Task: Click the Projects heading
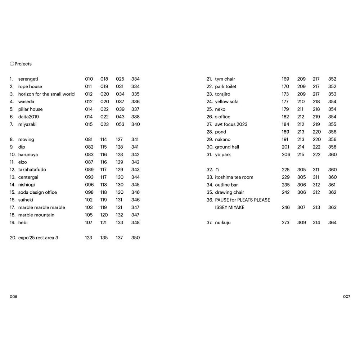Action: pyautogui.click(x=23, y=64)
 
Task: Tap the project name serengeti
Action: pyautogui.click(x=28, y=79)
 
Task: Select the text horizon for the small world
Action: pyautogui.click(x=46, y=94)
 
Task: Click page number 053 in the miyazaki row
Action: pyautogui.click(x=120, y=125)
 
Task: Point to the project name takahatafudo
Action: pyautogui.click(x=32, y=170)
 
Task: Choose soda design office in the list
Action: pyautogui.click(x=37, y=193)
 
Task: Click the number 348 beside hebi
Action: pyautogui.click(x=135, y=223)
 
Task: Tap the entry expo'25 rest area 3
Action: pyautogui.click(x=38, y=238)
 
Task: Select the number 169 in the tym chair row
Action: pyautogui.click(x=285, y=79)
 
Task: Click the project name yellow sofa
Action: pyautogui.click(x=227, y=102)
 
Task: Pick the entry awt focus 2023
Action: pyautogui.click(x=231, y=125)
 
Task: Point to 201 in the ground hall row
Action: pyautogui.click(x=285, y=147)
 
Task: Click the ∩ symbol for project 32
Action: pyautogui.click(x=217, y=170)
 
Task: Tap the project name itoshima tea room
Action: pyautogui.click(x=234, y=177)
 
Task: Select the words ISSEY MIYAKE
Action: pyautogui.click(x=230, y=208)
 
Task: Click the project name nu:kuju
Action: pyautogui.click(x=223, y=223)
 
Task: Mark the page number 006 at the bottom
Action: pyautogui.click(x=13, y=297)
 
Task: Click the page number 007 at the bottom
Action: pyautogui.click(x=346, y=297)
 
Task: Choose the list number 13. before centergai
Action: pyautogui.click(x=13, y=177)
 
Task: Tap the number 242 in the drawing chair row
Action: pyautogui.click(x=285, y=193)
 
